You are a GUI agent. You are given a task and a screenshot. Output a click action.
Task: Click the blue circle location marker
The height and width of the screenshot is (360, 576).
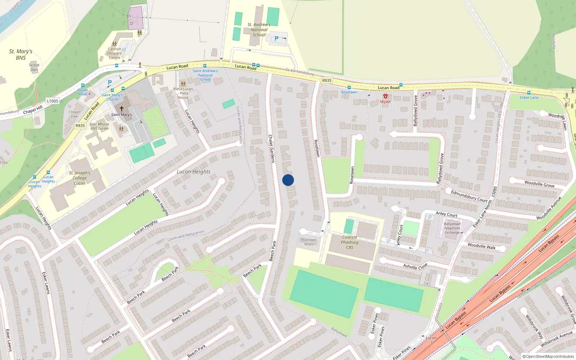point(288,180)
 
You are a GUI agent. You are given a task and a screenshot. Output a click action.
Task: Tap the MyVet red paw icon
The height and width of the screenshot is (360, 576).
point(386,96)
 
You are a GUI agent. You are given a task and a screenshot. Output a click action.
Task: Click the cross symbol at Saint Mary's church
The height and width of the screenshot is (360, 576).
point(122,108)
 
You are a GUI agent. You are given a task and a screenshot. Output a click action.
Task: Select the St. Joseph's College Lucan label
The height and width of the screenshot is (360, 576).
point(80,178)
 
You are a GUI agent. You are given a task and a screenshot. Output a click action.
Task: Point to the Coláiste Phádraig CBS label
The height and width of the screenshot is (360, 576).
point(350,242)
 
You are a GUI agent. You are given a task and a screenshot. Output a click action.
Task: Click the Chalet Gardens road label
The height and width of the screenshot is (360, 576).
point(271,149)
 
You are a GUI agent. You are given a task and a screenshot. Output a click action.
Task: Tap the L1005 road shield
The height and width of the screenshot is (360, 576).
point(53,101)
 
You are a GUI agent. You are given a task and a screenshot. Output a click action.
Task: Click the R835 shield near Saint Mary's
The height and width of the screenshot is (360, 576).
point(80,126)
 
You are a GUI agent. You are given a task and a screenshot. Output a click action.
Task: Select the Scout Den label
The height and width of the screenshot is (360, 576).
point(34,67)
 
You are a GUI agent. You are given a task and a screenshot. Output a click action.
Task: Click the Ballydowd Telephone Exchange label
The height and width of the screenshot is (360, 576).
point(452,228)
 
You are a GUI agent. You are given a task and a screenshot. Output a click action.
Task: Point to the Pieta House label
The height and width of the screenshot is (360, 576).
point(183,93)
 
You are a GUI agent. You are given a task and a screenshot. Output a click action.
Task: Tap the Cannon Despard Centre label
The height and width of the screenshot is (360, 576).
point(114,53)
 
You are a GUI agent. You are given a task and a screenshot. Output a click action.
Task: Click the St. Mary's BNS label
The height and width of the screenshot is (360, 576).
point(21,54)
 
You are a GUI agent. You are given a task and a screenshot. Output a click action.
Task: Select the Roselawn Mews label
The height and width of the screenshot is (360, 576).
point(309,242)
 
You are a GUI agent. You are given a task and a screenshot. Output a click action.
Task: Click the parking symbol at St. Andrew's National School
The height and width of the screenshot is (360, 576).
point(276,38)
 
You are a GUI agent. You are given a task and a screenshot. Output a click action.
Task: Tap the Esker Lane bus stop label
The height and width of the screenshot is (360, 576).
point(529,98)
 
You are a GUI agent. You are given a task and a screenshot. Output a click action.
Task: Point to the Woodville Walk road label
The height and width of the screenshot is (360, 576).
point(481,246)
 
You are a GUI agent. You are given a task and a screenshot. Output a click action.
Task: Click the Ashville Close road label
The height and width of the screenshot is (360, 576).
point(415,266)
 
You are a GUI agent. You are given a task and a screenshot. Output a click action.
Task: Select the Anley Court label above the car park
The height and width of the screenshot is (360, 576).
point(446,214)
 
